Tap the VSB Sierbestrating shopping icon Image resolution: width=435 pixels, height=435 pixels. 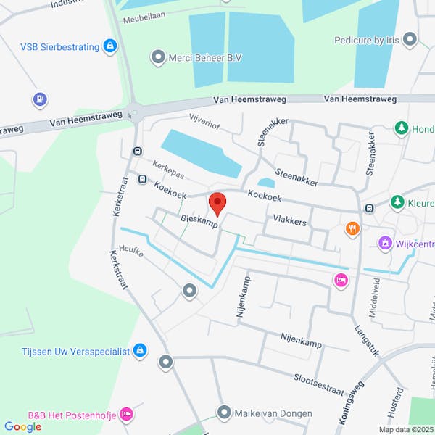[109, 47]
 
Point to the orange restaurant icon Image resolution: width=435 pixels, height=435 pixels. [352, 229]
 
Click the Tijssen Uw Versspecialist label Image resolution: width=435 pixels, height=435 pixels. [75, 352]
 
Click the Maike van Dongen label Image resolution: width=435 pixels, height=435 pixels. [273, 414]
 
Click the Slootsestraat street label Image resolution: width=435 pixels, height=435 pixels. [318, 384]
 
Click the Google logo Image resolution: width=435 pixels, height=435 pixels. [22, 427]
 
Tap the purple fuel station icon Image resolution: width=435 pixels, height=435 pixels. [39, 99]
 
